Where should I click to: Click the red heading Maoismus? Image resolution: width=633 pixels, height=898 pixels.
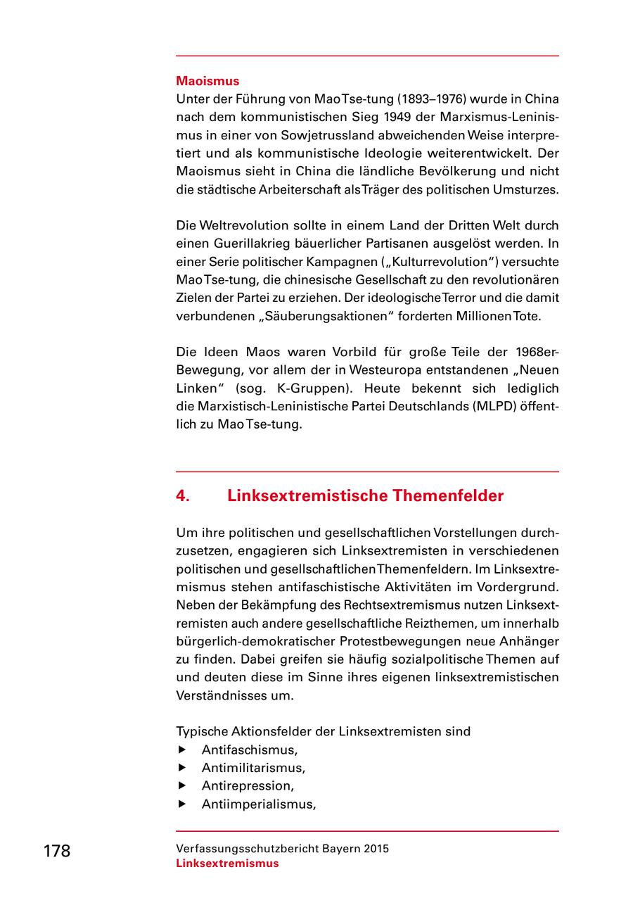207,81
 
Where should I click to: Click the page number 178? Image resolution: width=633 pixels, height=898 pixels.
57,851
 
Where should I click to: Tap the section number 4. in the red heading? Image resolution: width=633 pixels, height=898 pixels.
183,496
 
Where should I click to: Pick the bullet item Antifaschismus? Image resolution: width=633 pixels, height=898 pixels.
249,750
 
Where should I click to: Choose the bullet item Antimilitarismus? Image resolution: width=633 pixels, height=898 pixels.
253,768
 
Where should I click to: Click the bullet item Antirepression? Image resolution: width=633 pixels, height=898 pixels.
248,785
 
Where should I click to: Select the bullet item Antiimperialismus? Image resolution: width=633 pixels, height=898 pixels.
258,804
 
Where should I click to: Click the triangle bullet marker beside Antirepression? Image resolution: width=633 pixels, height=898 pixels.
182,785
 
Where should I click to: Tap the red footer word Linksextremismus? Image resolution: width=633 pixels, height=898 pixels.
227,864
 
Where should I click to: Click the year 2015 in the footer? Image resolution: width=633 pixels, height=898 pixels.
376,849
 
